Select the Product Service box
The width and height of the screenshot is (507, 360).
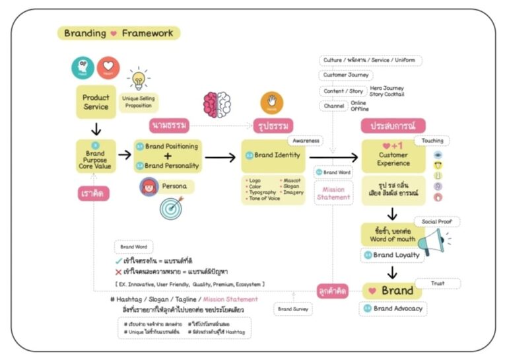pos(96,102)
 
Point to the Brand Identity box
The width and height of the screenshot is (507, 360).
pos(273,156)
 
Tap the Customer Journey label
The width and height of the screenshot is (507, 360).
pos(347,75)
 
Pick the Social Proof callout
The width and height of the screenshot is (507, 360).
pos(437,222)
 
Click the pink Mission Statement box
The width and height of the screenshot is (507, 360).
pos(333,193)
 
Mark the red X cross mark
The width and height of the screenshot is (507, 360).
pos(118,272)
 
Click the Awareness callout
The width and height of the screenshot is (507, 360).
pos(306,141)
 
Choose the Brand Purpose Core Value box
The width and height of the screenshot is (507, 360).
pos(95,157)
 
